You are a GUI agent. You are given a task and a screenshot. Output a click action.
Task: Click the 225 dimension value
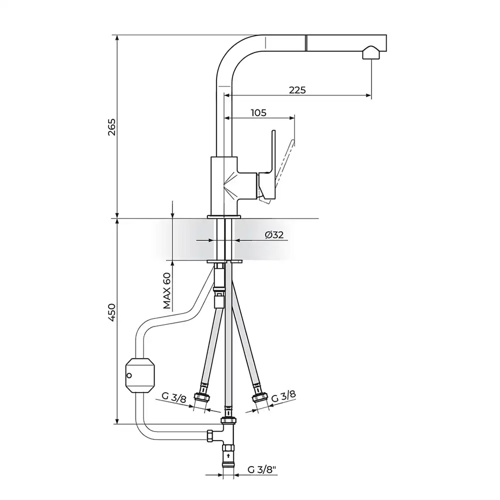(297, 90)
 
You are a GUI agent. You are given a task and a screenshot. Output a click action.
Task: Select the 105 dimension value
(258, 113)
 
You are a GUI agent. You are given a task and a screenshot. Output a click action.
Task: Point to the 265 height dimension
(112, 127)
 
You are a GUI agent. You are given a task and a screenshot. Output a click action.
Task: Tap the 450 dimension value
(112, 312)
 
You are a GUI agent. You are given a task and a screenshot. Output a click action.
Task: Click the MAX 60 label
(167, 291)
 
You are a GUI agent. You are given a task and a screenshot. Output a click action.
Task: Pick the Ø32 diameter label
(274, 235)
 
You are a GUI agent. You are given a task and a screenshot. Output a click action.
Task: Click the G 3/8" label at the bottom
(262, 469)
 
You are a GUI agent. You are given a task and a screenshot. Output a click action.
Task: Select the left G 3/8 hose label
(174, 397)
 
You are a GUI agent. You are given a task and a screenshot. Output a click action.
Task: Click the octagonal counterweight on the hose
(140, 375)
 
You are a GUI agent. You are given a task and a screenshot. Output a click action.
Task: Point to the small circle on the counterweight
(129, 375)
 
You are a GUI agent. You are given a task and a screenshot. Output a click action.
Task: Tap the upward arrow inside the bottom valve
(228, 456)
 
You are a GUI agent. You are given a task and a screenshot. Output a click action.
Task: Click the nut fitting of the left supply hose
(202, 397)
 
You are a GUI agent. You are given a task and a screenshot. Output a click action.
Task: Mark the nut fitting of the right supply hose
(258, 397)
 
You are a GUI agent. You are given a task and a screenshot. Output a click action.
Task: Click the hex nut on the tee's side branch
(210, 435)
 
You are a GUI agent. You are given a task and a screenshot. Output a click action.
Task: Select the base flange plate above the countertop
(224, 217)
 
